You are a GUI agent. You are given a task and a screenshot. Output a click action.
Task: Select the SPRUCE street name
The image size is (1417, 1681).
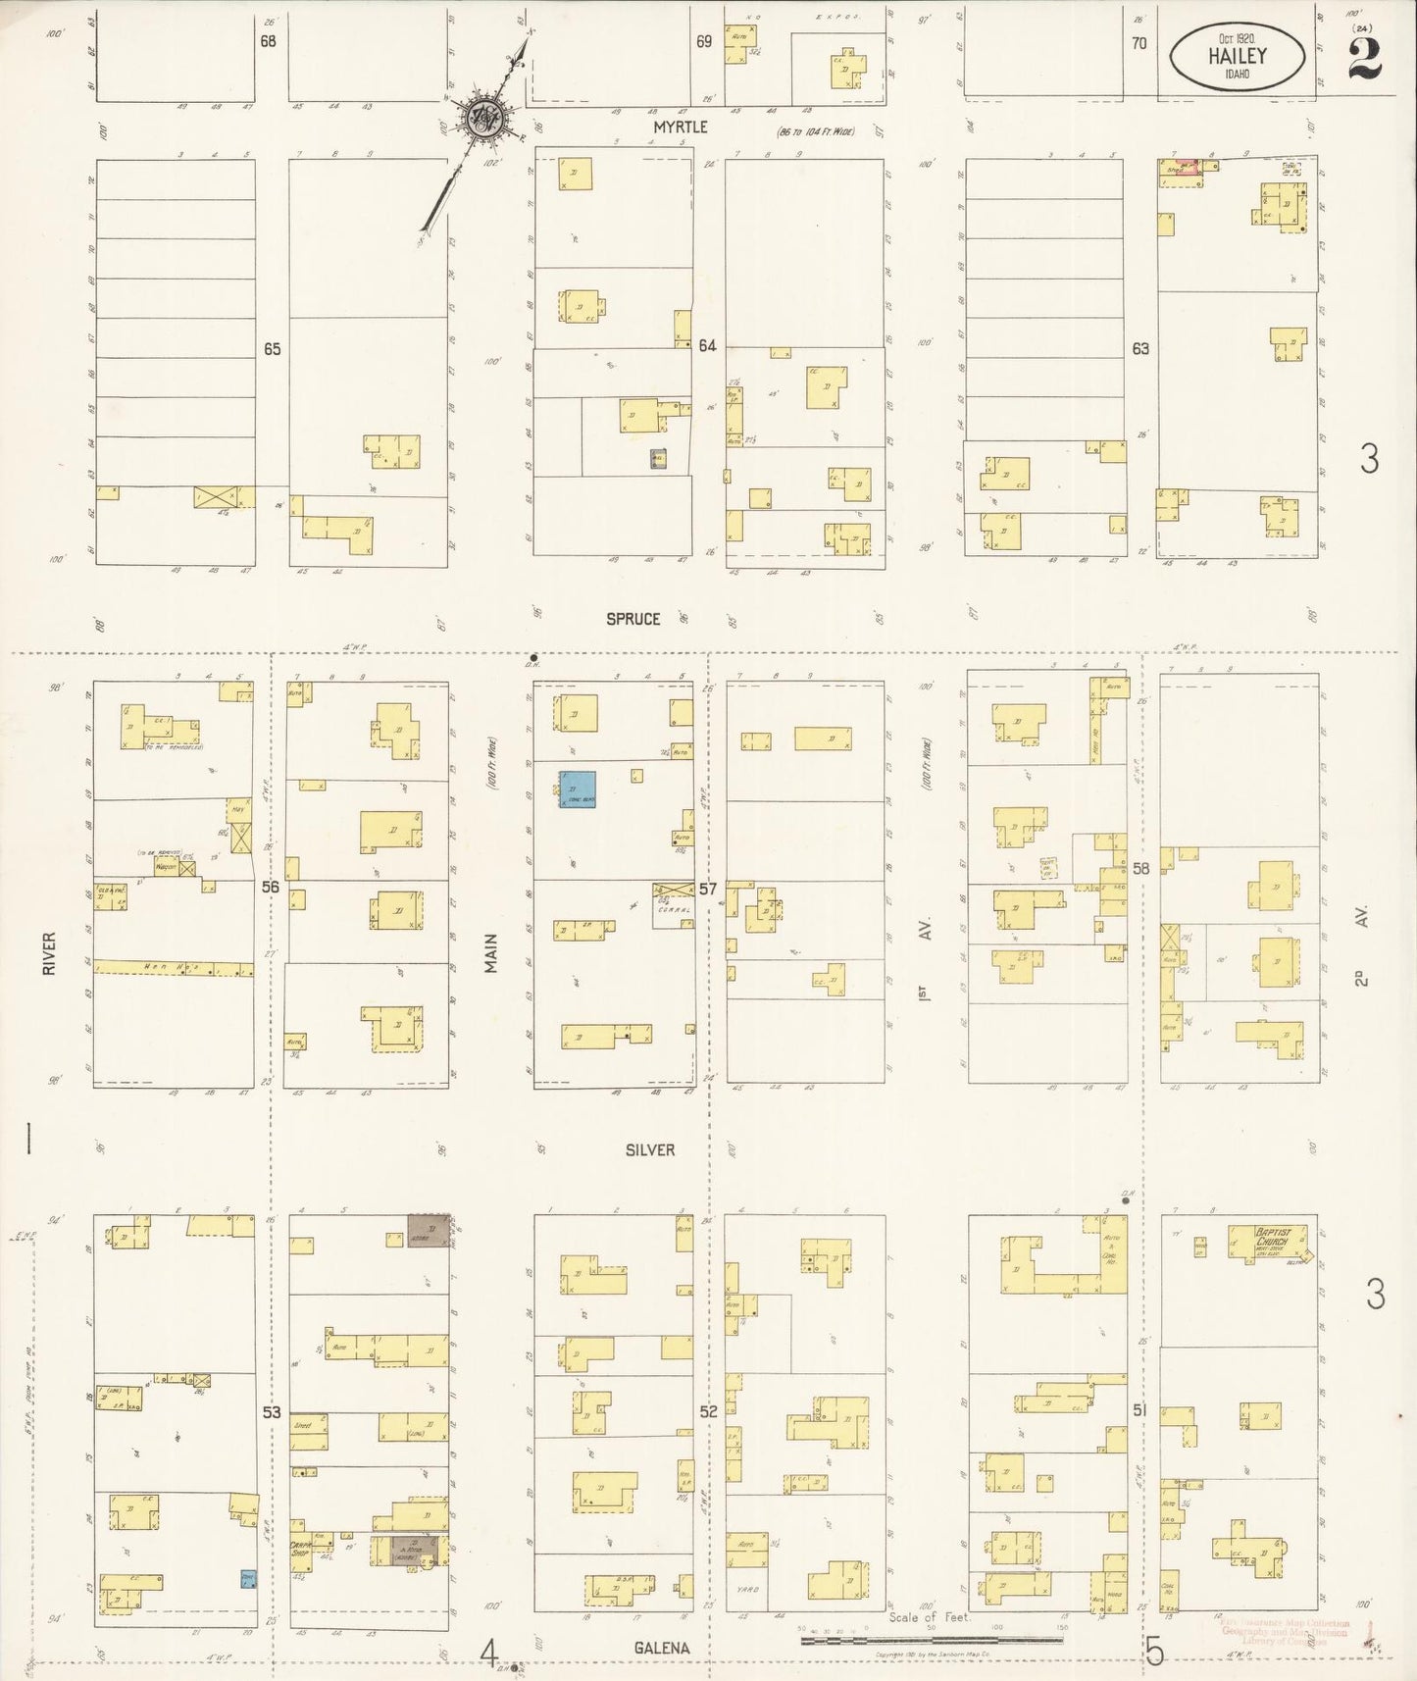point(633,619)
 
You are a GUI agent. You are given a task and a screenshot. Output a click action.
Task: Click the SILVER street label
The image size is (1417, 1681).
point(650,1149)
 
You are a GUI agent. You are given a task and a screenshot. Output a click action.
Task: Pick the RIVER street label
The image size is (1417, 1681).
point(49,952)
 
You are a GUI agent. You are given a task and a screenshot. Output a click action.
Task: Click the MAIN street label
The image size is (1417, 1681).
point(490,952)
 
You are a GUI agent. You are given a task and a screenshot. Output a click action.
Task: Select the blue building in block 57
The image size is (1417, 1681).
point(577,789)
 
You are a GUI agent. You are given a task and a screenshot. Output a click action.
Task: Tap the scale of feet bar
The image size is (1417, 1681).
point(932,1639)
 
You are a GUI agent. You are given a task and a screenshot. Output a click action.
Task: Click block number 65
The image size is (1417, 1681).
point(272,348)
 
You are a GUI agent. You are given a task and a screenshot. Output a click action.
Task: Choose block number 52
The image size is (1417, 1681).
point(708,1411)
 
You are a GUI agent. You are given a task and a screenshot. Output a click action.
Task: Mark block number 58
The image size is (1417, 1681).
point(1140,868)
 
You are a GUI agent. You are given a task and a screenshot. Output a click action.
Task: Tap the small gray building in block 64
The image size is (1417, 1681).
point(659,458)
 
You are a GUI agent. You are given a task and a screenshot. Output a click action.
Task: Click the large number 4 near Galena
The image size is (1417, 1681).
point(487,1654)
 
